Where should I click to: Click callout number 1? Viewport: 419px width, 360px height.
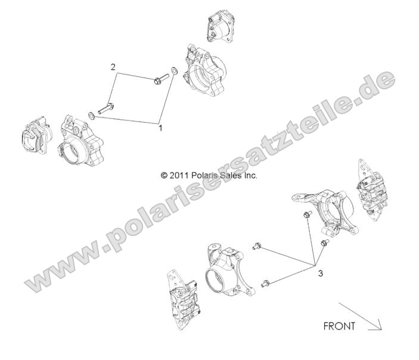[160, 127]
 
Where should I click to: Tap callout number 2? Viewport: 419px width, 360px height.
[113, 67]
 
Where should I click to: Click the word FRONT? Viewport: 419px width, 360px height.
[339, 326]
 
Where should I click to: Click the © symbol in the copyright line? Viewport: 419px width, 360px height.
[165, 176]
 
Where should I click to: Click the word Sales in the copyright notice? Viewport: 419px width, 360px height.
[232, 176]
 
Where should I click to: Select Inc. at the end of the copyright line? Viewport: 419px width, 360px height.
[251, 176]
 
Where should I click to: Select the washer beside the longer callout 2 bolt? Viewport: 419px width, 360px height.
[90, 115]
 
